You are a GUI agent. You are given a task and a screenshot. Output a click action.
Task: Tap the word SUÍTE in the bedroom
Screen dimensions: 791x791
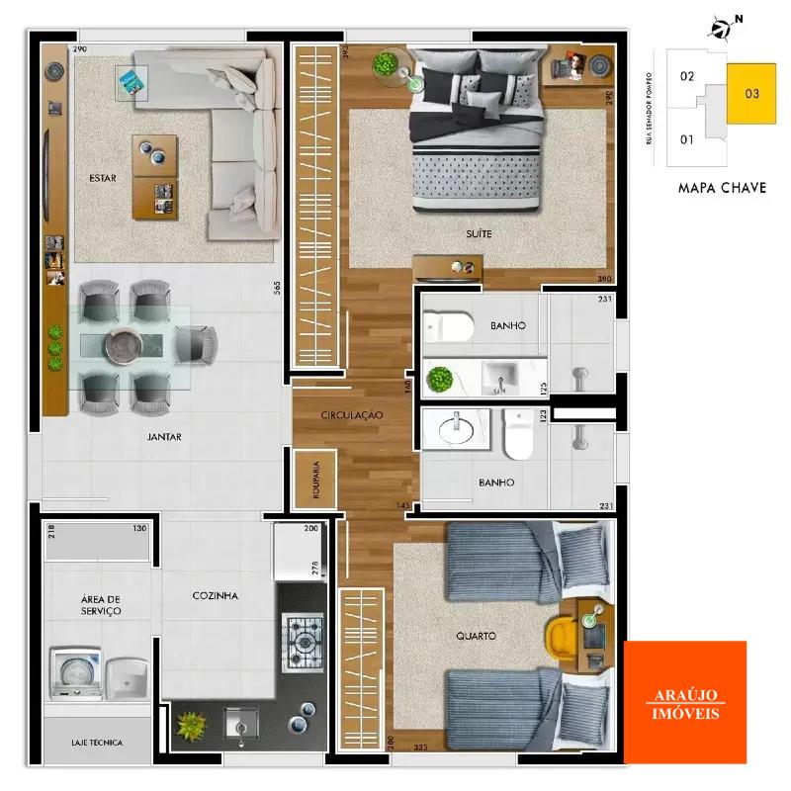pos(480,234)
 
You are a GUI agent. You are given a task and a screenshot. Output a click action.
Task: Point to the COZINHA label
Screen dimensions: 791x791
pos(216,595)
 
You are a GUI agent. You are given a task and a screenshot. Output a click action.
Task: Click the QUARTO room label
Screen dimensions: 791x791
pos(477,636)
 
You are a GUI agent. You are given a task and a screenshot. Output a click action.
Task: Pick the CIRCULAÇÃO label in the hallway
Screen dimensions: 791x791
pos(351,416)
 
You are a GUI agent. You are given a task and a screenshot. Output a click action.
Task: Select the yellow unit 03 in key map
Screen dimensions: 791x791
pos(752,94)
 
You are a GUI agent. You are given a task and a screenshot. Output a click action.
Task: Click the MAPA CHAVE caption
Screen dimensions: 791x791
pos(722,188)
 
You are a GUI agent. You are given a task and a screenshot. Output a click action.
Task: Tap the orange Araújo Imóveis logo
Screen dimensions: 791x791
pos(685,702)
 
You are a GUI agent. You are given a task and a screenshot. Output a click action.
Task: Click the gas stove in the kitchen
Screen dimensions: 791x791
pos(302,643)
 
